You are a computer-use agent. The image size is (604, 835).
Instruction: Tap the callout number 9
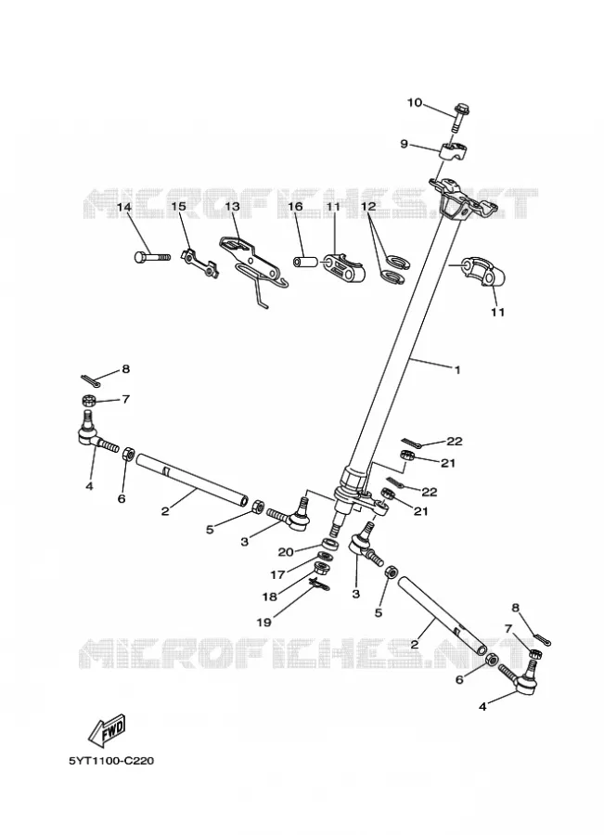coord(404,144)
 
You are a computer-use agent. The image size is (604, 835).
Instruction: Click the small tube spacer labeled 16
coord(304,262)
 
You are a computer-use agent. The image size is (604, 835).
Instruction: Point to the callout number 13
coord(232,206)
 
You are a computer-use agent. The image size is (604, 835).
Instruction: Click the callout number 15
coord(179,206)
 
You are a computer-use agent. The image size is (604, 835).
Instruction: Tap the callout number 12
coord(368,206)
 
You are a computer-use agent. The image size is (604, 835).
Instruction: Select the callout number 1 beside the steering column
coord(457,369)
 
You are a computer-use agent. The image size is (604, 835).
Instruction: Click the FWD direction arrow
coord(107,728)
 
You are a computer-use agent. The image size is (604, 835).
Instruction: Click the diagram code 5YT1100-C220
coord(110,761)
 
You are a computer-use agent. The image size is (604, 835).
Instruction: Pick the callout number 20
coord(286,552)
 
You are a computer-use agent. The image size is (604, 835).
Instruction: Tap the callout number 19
coord(264,622)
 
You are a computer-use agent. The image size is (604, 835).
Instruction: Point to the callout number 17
coord(277,574)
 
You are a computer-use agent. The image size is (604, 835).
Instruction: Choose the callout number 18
coord(270,597)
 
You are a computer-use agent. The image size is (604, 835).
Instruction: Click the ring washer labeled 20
coord(329,545)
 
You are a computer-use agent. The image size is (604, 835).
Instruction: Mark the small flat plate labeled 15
coord(199,263)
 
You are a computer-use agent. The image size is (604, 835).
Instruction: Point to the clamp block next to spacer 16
coord(343,268)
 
